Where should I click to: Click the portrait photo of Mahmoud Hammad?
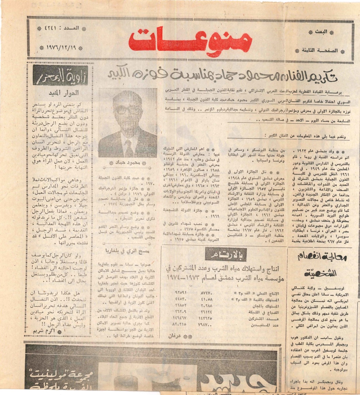(128, 123)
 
